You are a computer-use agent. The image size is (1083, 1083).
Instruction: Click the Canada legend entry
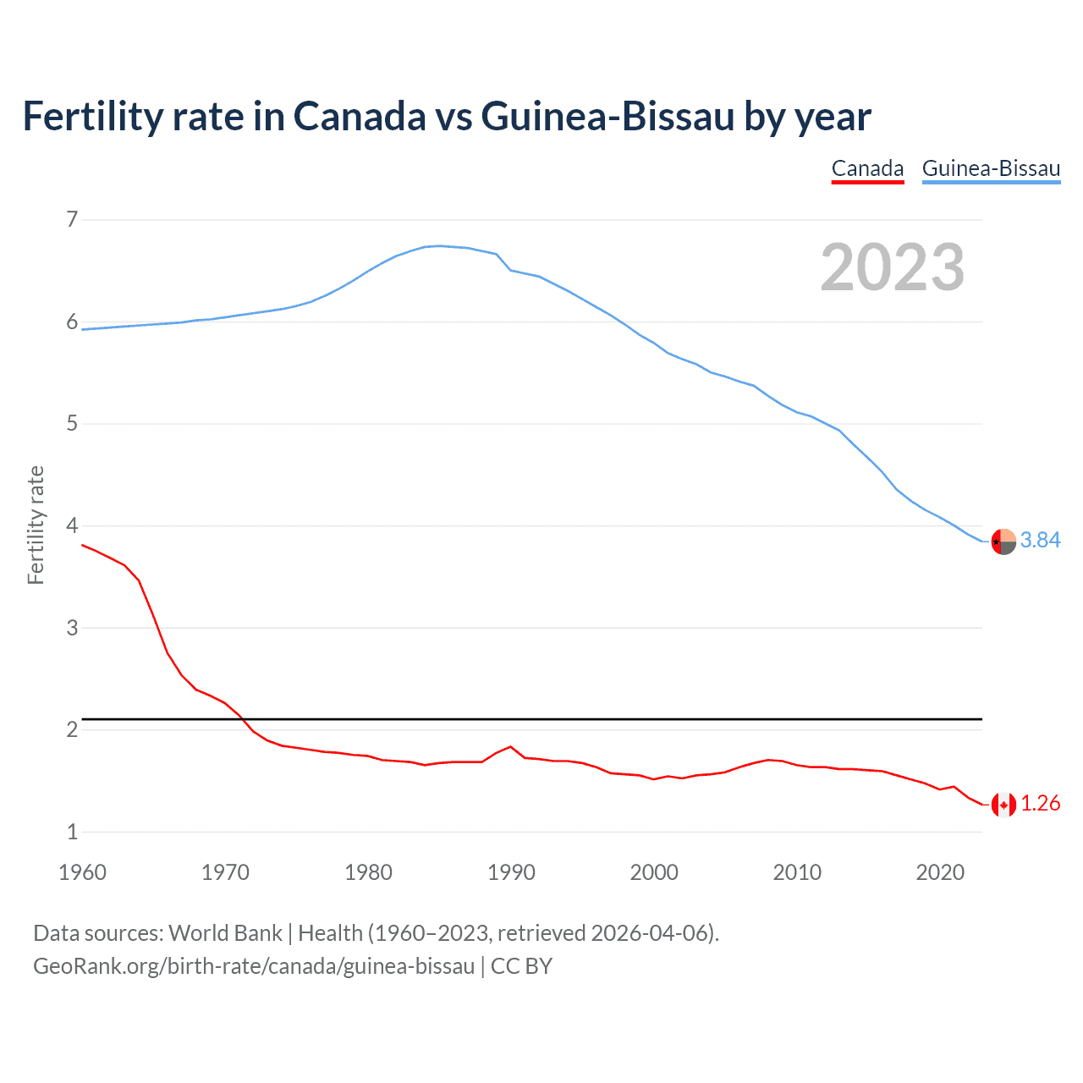867,168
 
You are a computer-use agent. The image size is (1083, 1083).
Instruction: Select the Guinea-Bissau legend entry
991,168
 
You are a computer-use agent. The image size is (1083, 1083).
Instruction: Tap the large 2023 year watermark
893,267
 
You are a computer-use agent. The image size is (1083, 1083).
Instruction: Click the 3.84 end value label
1040,540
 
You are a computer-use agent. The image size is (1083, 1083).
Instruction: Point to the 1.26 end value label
1040,803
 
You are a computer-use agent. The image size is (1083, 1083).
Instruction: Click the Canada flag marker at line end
1003,805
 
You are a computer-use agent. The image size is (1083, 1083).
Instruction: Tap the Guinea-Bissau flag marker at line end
1003,541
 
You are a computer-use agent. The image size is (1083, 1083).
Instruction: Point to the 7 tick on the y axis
71,220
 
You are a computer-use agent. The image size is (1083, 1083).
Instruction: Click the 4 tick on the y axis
71,525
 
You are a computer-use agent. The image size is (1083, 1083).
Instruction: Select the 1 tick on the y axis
71,832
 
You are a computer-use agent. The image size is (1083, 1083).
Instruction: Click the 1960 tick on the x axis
82,872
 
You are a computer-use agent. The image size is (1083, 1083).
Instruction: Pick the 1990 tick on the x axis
511,872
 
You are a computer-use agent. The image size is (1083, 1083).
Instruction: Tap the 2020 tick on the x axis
940,872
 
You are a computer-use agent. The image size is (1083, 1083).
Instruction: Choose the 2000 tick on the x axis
654,872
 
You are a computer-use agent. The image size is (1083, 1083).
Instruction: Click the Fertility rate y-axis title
36,525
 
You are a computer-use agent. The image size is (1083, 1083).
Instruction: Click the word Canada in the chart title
360,116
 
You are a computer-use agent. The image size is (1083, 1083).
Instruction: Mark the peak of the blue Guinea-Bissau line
438,245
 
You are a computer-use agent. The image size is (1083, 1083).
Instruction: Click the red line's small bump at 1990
510,746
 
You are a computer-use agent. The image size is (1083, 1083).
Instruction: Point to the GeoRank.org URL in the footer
254,966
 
